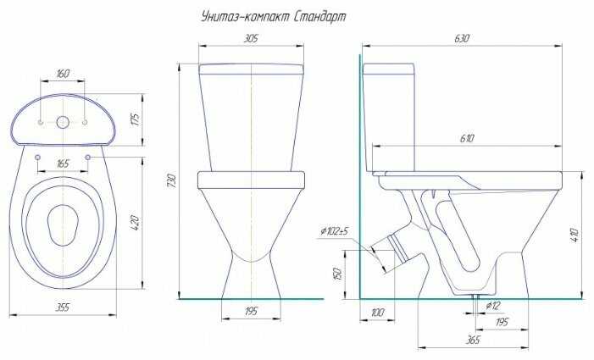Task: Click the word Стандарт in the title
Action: point(319,17)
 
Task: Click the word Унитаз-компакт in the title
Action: point(245,17)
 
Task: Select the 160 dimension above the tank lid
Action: point(63,73)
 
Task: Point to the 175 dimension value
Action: point(136,119)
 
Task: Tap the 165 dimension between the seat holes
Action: point(63,163)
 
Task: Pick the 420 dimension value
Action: point(136,223)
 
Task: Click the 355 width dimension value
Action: point(63,307)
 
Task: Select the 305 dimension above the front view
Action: point(251,38)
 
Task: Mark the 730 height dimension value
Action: point(172,181)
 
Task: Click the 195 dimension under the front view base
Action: point(251,311)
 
